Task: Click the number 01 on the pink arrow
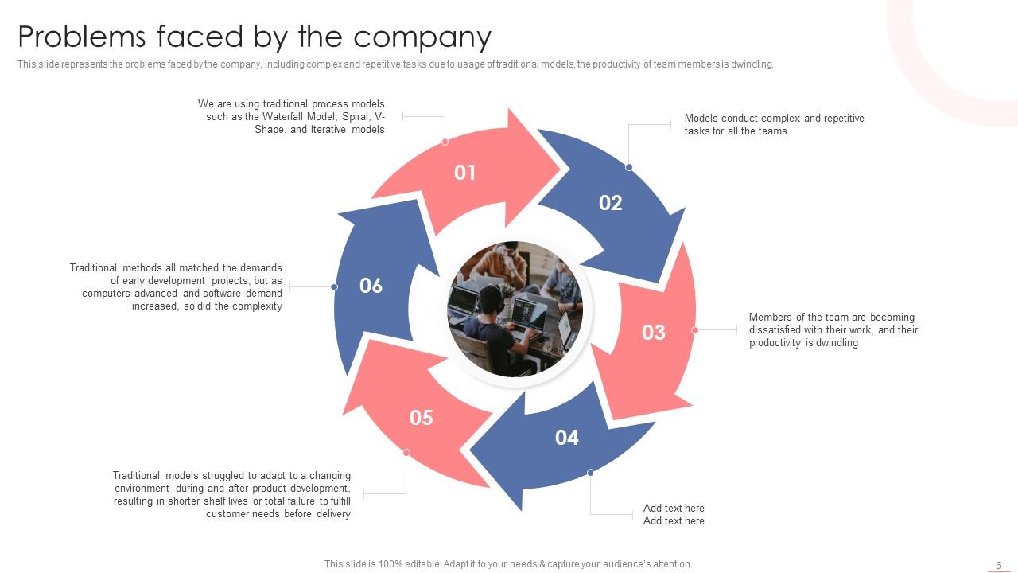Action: (x=464, y=173)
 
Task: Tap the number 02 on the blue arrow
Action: (x=610, y=203)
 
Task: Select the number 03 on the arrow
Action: (x=653, y=332)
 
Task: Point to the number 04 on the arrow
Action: (x=566, y=437)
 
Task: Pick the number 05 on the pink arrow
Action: (x=421, y=417)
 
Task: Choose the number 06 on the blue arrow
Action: (x=371, y=286)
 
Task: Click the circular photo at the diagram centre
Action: (x=515, y=309)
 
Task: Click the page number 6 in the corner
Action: (x=998, y=565)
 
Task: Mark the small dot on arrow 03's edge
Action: (x=695, y=329)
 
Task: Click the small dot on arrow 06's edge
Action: (x=334, y=286)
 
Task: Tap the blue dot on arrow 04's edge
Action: (x=590, y=473)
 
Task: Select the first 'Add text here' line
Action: (x=674, y=509)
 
